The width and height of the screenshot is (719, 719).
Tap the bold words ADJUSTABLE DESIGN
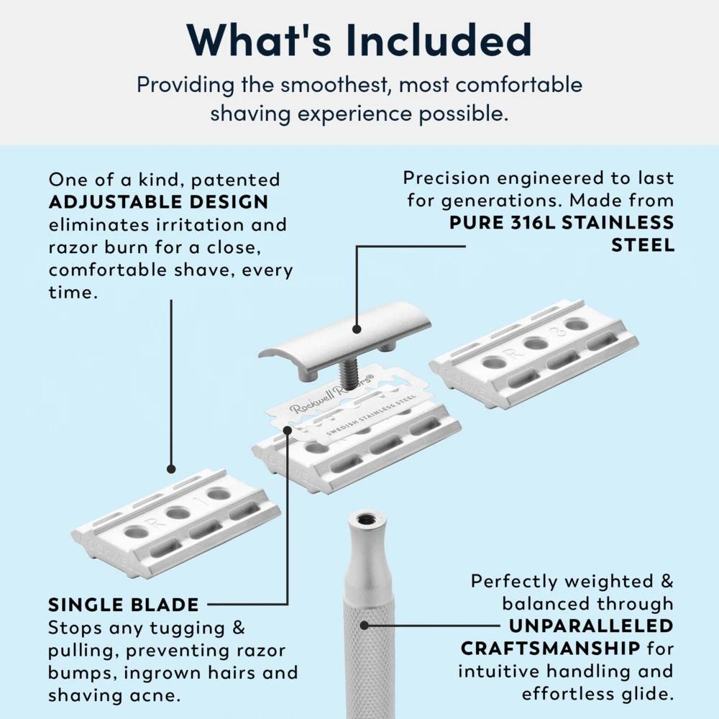(158, 201)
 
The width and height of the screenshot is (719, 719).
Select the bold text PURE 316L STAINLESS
(562, 222)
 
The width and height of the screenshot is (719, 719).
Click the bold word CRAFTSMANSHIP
(550, 649)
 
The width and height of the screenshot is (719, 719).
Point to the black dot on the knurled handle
(365, 626)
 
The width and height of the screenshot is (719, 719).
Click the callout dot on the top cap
(357, 329)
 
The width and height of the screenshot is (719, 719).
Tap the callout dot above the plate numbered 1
(171, 469)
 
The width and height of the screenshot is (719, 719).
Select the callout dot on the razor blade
(288, 430)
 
